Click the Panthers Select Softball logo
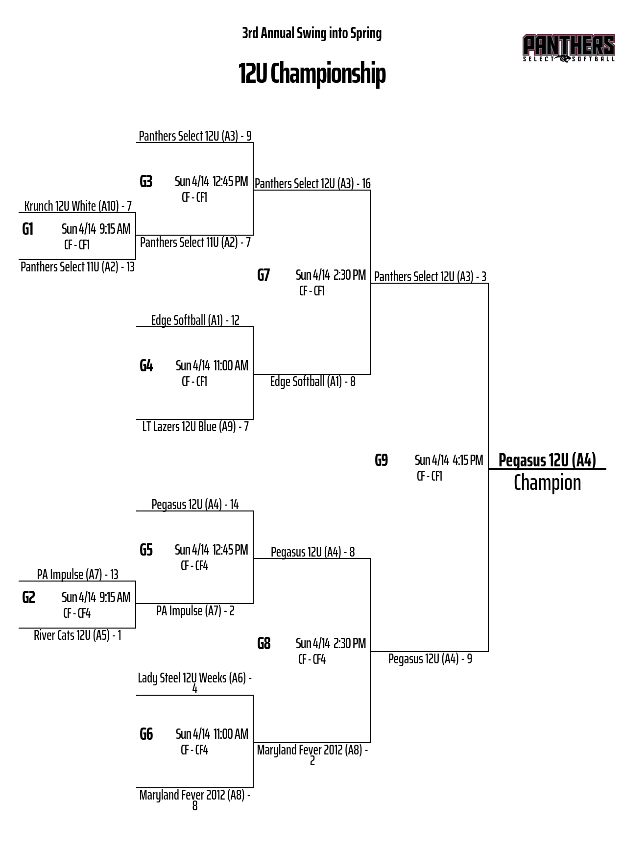(569, 48)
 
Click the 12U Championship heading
(312, 73)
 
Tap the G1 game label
(28, 229)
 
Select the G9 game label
(381, 460)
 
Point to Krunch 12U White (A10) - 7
(78, 206)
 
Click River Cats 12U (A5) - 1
(77, 635)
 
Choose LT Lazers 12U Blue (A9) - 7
(195, 427)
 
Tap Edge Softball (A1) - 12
(195, 320)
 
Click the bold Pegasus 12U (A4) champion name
(547, 460)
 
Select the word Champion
(547, 483)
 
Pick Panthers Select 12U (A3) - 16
(312, 184)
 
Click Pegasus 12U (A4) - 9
(430, 658)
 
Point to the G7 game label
(264, 275)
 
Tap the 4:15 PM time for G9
(468, 460)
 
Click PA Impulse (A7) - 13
(77, 574)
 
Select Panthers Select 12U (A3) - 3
(430, 277)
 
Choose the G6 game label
(146, 734)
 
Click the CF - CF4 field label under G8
(312, 659)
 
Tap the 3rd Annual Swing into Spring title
(312, 33)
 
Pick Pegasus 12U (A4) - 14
(195, 504)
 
